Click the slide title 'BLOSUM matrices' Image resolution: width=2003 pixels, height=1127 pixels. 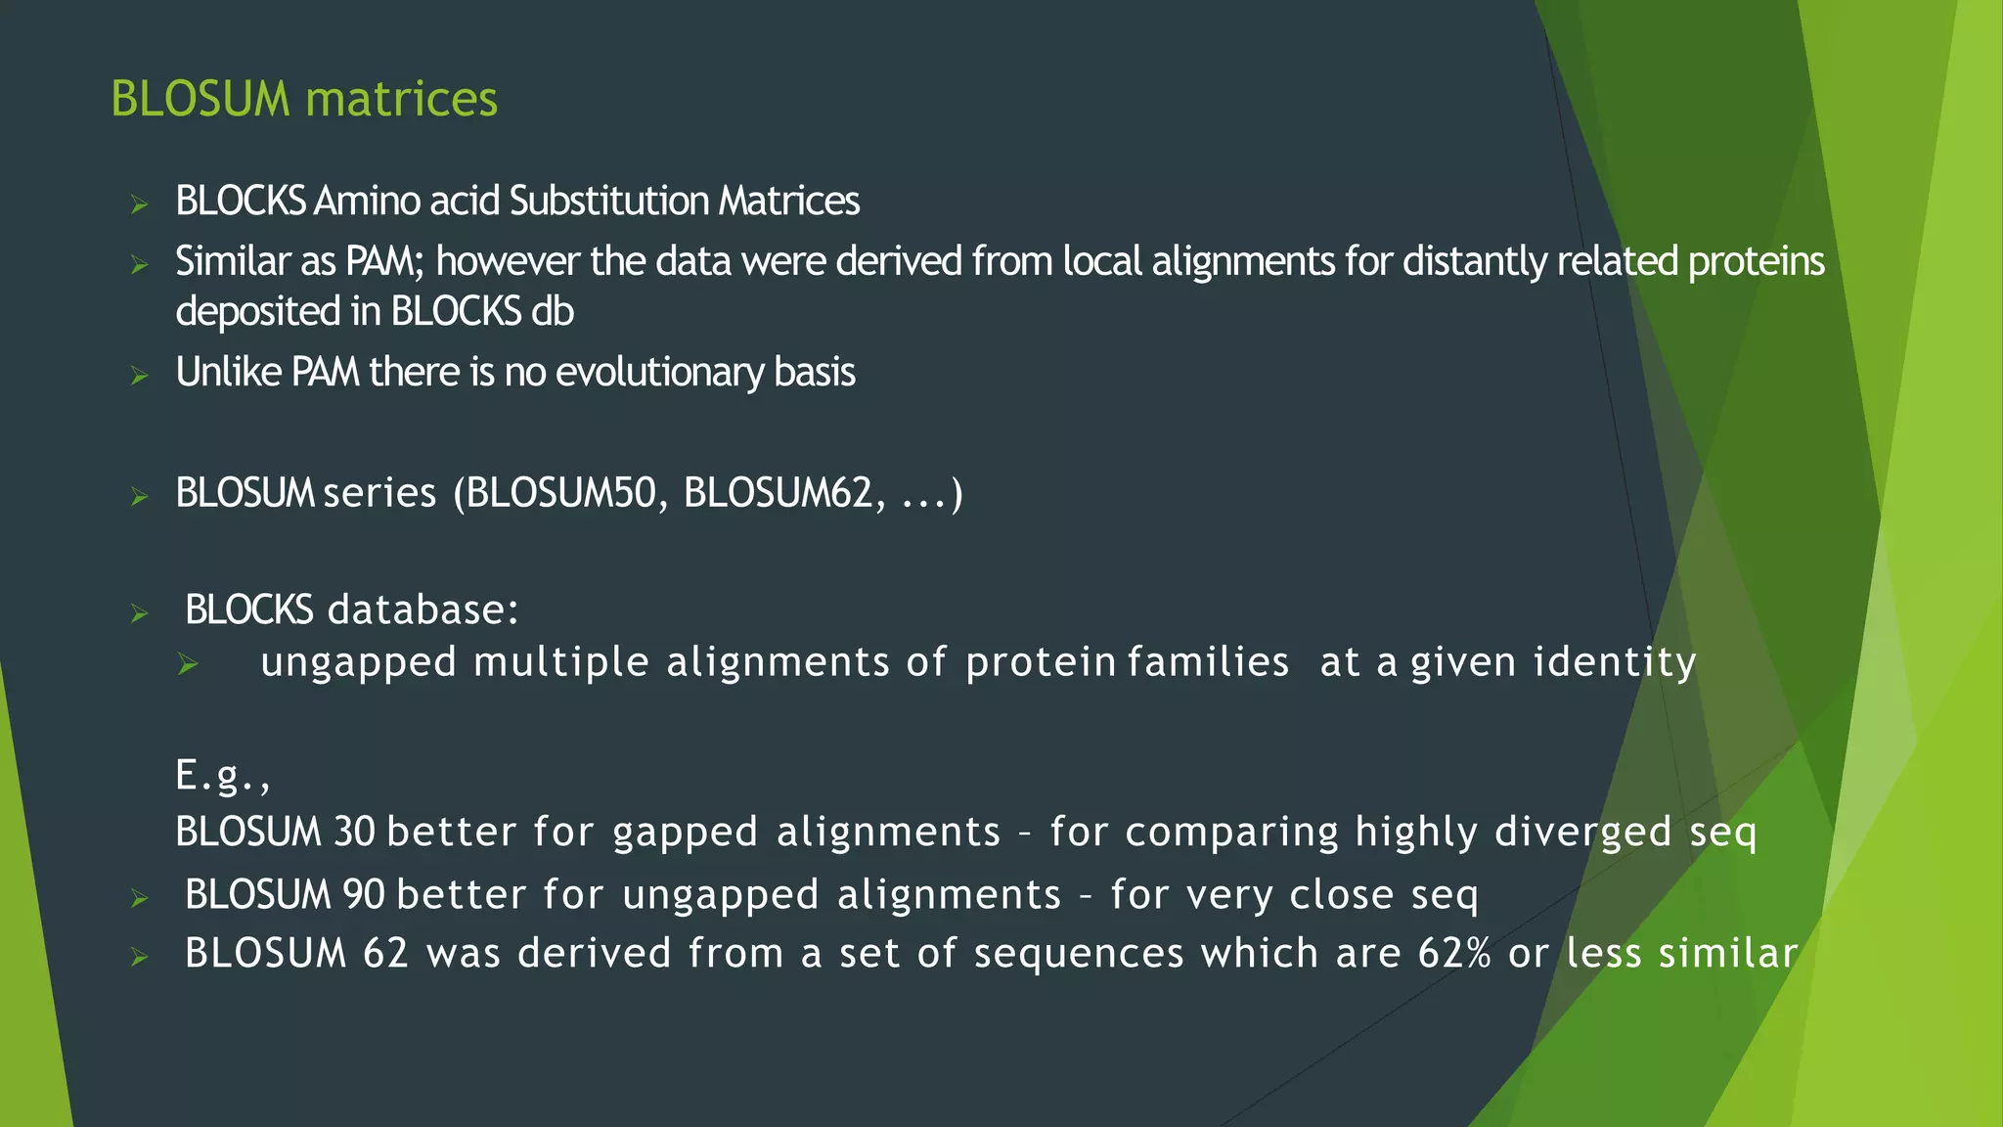click(304, 99)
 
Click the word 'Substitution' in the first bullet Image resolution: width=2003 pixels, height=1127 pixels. click(608, 202)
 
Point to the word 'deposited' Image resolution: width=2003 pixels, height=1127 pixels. click(257, 312)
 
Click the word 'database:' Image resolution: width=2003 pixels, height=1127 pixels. click(423, 610)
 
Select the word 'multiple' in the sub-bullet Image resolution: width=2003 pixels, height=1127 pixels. click(561, 663)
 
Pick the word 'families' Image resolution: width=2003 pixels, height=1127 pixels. click(1209, 662)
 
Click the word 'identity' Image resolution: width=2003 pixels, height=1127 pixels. click(1614, 663)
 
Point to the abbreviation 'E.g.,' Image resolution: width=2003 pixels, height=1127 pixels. click(222, 777)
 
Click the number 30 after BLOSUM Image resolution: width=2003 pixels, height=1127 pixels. click(353, 833)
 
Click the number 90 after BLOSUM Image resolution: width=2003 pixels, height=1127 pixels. click(364, 895)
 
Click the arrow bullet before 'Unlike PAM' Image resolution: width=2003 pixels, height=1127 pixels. click(139, 376)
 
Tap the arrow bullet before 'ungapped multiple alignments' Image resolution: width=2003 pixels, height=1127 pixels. click(188, 665)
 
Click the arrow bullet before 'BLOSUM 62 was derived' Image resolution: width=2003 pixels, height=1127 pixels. click(139, 957)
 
